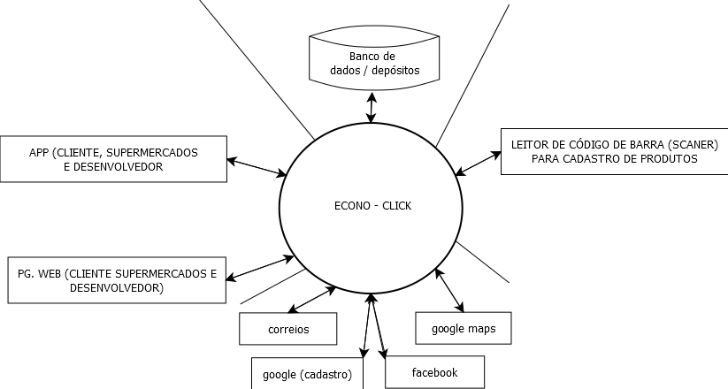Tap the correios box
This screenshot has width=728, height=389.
tap(288, 330)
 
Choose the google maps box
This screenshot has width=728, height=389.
tap(463, 329)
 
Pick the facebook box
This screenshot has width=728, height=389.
tap(434, 372)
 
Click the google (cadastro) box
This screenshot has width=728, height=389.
tap(307, 374)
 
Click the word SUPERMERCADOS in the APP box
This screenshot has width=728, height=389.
tap(157, 152)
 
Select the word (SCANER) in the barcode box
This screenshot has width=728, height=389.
tap(693, 144)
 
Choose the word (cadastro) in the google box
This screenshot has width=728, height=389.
tap(326, 374)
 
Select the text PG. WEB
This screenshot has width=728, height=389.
tap(38, 274)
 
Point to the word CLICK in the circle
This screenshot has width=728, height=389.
tap(396, 206)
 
